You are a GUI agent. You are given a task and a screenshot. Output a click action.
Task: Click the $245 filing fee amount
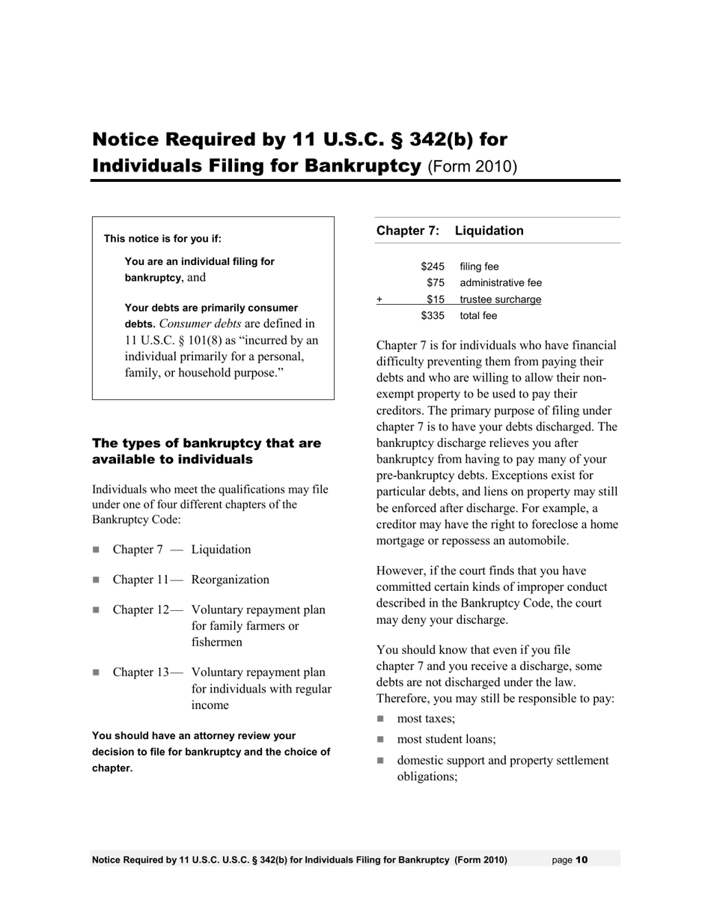click(433, 267)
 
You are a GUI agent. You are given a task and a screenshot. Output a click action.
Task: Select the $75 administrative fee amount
click(436, 283)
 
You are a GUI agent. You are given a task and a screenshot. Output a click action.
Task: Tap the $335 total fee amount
click(433, 316)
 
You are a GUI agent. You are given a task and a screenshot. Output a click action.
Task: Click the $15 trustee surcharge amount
click(436, 300)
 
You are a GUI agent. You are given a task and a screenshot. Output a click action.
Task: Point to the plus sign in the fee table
click(379, 300)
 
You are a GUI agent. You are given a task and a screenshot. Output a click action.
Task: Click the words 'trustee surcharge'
click(500, 300)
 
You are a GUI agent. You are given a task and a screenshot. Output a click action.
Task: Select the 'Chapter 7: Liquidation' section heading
click(450, 231)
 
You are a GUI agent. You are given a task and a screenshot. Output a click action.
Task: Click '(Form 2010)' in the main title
click(472, 166)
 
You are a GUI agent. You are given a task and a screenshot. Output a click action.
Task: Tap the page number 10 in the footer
click(582, 860)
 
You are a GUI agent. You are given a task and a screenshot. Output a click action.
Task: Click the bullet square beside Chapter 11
click(96, 580)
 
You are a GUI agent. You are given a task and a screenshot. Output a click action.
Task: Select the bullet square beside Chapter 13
click(96, 672)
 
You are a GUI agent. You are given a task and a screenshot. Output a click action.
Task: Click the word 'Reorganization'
click(230, 580)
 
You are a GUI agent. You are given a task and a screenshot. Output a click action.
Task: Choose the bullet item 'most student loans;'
click(446, 740)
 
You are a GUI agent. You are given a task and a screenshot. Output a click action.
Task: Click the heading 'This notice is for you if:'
click(162, 239)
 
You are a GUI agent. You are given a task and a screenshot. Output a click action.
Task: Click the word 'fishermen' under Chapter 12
click(216, 642)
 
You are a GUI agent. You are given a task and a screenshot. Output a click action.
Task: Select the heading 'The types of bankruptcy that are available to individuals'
click(206, 452)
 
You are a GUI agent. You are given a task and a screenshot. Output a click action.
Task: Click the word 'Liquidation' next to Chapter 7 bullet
click(221, 550)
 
